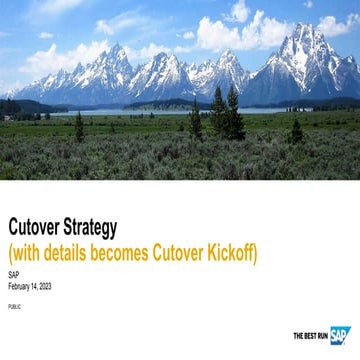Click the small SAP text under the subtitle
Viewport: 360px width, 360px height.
(13, 274)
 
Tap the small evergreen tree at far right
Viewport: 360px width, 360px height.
(296, 131)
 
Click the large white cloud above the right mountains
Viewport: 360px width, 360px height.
(235, 25)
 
